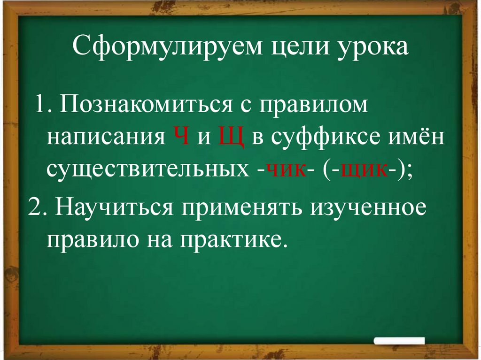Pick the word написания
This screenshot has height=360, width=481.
tap(106, 137)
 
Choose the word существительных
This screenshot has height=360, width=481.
tap(145, 168)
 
